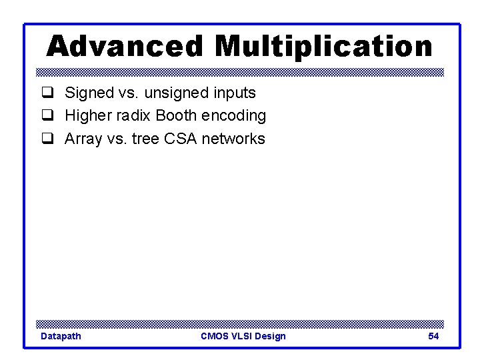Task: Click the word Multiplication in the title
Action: pos(323,47)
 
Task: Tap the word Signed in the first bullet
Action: pos(88,93)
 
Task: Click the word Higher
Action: pos(88,116)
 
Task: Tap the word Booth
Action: pos(176,116)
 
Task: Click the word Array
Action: pos(83,139)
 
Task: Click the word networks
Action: pos(233,139)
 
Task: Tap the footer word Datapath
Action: pos(61,336)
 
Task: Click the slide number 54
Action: pos(433,336)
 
